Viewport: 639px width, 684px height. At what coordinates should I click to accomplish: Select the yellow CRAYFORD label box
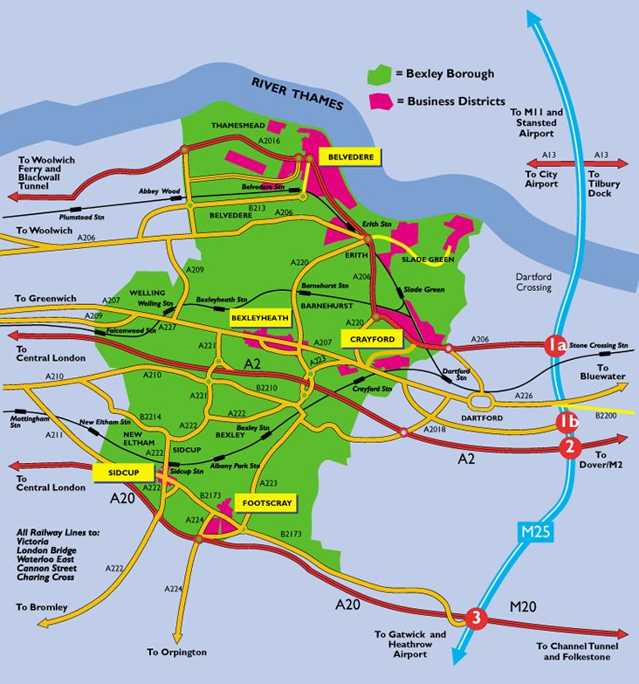pyautogui.click(x=374, y=338)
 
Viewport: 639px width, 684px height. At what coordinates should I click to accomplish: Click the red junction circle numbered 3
pyautogui.click(x=475, y=618)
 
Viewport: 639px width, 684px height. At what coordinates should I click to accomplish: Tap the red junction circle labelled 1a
pyautogui.click(x=556, y=345)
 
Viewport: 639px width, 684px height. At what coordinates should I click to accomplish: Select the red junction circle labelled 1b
pyautogui.click(x=568, y=424)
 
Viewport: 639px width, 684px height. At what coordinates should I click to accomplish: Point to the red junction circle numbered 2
pyautogui.click(x=569, y=448)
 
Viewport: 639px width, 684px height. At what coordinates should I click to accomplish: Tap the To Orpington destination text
pyautogui.click(x=176, y=652)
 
